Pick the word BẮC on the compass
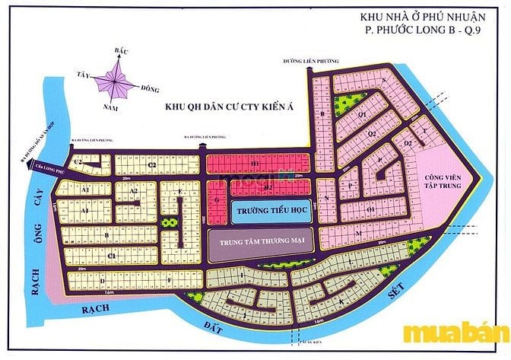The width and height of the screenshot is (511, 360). pyautogui.click(x=119, y=49)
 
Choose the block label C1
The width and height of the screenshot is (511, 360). pyautogui.click(x=111, y=256)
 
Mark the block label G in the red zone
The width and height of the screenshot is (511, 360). pyautogui.click(x=217, y=199)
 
